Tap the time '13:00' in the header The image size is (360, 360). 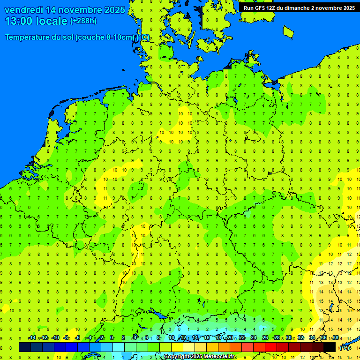pos(21,21)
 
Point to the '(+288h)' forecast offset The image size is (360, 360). pos(83,21)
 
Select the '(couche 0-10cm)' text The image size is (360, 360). pos(105,37)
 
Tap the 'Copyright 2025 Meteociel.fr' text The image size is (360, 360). pos(199,357)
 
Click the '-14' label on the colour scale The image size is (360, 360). pos(32,338)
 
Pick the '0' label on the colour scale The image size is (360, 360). pos(112,338)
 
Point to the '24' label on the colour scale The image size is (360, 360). pos(254,338)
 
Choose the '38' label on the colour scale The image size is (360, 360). pos(336,338)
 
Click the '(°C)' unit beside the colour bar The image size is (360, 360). pos(345,348)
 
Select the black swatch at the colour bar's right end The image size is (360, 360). pos(330,347)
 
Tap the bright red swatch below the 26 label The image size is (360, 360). pos(271,347)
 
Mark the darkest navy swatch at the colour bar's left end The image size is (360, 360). pos(25,347)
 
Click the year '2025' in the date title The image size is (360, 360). pos(114,10)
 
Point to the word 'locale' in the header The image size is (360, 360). pos(53,21)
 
